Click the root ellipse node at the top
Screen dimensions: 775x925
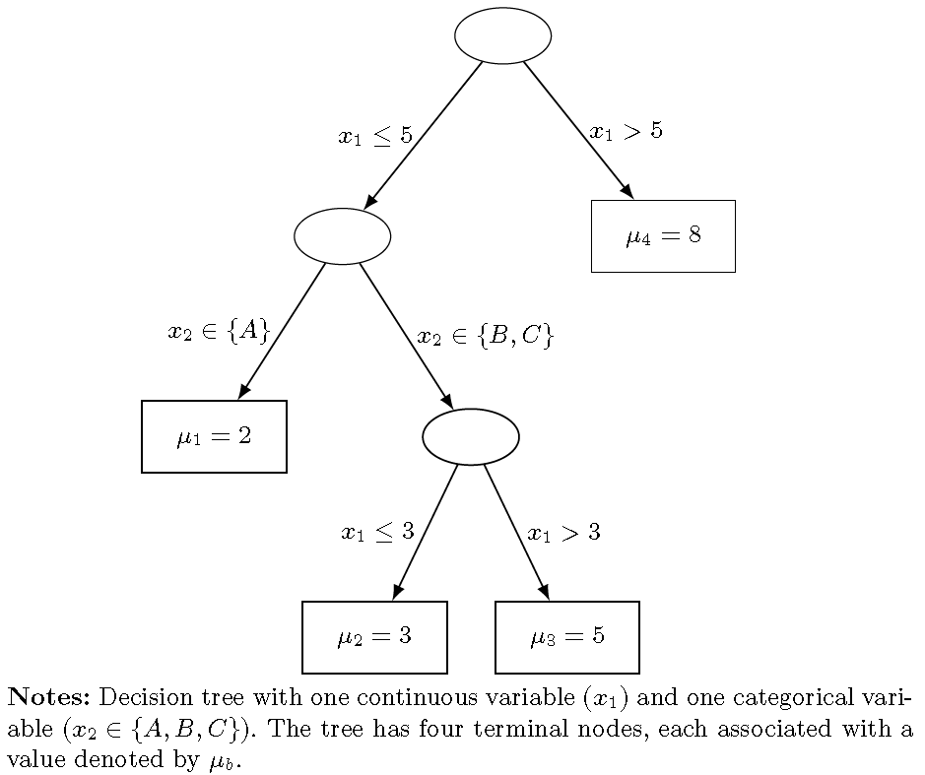(x=502, y=35)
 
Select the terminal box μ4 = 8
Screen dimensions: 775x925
(x=663, y=236)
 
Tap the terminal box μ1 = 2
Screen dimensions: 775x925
(x=214, y=436)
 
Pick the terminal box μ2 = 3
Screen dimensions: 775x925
(x=374, y=637)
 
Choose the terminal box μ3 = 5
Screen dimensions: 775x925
(x=567, y=637)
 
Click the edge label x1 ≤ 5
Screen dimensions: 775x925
(x=375, y=136)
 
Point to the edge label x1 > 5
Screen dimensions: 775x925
(x=626, y=131)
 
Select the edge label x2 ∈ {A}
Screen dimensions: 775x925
(x=219, y=332)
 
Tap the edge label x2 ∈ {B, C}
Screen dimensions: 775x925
(x=486, y=337)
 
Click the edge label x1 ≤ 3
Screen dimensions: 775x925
(x=377, y=533)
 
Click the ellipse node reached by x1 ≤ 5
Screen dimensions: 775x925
(x=342, y=236)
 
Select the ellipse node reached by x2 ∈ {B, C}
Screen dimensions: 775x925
(x=471, y=436)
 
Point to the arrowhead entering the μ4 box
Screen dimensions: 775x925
(x=627, y=191)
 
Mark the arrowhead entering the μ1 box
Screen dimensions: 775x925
(x=243, y=392)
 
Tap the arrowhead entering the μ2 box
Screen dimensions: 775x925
(x=397, y=593)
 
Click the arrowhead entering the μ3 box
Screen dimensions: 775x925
(x=544, y=593)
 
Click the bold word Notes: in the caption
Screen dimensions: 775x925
(x=49, y=698)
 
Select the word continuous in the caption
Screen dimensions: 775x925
(x=412, y=698)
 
